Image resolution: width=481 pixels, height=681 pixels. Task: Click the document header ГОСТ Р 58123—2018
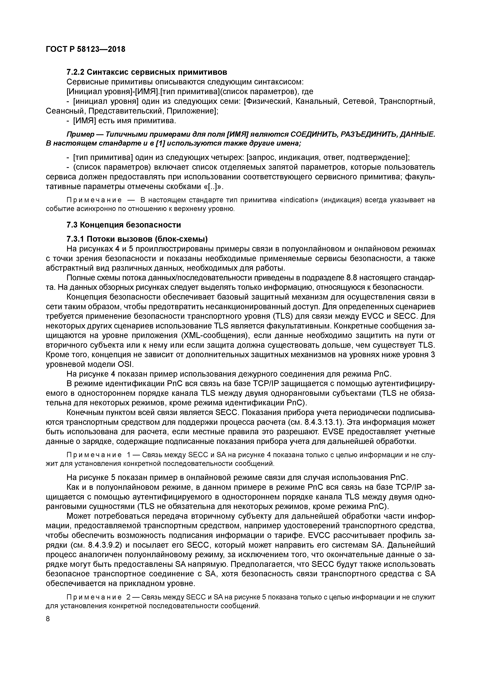86,49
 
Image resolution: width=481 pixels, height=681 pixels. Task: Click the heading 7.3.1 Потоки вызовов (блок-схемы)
137,239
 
